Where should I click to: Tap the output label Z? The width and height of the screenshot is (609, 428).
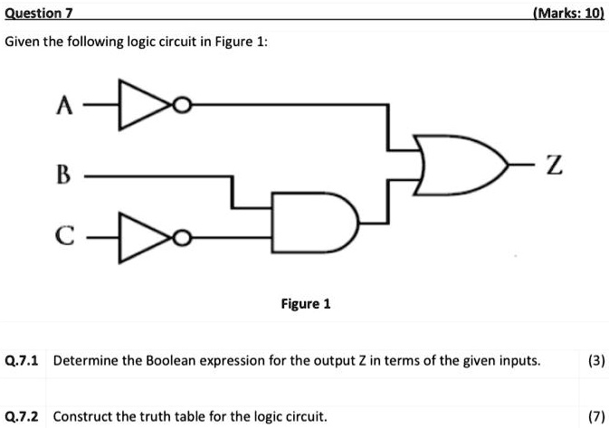coord(555,165)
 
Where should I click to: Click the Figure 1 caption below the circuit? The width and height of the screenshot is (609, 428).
coord(304,304)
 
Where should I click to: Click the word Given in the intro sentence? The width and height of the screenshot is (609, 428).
coord(24,43)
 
